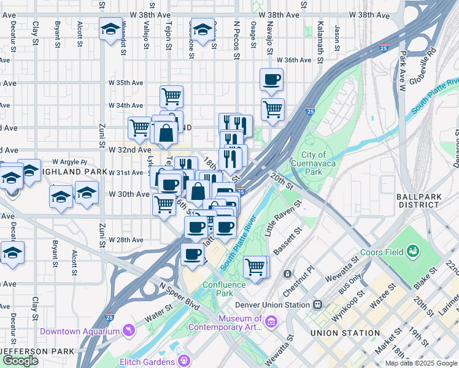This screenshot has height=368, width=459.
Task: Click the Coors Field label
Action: [x=381, y=252]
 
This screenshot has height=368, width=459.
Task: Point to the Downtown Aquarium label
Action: [x=79, y=331]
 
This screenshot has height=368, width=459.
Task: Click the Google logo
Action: [x=20, y=361]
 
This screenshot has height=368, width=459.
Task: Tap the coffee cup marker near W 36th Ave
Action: [x=272, y=79]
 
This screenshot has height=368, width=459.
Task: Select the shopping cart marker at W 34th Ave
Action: [x=171, y=96]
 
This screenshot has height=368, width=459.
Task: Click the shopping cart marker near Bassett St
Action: [x=255, y=267]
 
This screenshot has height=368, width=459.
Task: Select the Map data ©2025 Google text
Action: [x=420, y=363]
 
